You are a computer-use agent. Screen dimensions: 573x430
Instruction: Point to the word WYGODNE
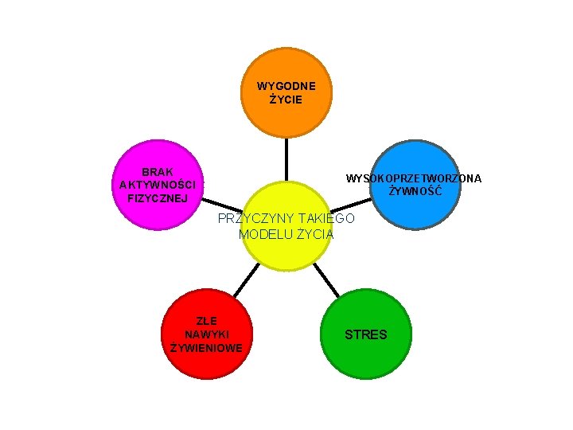pyautogui.click(x=286, y=86)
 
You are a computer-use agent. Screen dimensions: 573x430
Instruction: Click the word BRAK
pyautogui.click(x=158, y=172)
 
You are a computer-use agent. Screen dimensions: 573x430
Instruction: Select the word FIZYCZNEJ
pyautogui.click(x=158, y=197)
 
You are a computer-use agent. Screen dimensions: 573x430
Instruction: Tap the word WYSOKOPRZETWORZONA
pyautogui.click(x=414, y=178)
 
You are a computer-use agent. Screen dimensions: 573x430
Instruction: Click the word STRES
pyautogui.click(x=366, y=334)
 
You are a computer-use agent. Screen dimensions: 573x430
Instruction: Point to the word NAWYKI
pyautogui.click(x=207, y=334)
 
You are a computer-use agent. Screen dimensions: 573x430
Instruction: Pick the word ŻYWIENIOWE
pyautogui.click(x=207, y=348)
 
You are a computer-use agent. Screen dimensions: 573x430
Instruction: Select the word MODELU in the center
pyautogui.click(x=265, y=234)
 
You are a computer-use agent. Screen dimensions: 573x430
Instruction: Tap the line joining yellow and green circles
pyautogui.click(x=325, y=280)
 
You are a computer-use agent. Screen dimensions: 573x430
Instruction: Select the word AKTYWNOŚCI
pyautogui.click(x=158, y=185)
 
